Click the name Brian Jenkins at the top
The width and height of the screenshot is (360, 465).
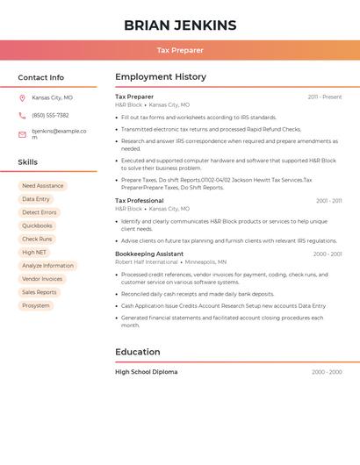tap(180, 25)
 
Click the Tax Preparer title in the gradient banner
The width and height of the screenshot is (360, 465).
tap(180, 51)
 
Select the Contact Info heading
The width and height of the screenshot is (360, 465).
tap(40, 77)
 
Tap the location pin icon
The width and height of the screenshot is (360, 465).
tap(22, 98)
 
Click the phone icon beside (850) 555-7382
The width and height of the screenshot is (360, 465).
tap(22, 116)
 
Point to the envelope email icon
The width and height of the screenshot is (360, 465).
tap(22, 134)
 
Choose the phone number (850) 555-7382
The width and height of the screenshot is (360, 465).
tap(50, 116)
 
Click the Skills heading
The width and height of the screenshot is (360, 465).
tap(28, 162)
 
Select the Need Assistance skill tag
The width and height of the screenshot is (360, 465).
tap(43, 186)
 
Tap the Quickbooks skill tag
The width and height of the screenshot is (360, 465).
tap(37, 225)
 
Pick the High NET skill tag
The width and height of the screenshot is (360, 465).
tap(34, 253)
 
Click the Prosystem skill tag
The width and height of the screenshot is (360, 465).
tap(36, 306)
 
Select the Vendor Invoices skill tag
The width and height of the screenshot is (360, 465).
tap(42, 279)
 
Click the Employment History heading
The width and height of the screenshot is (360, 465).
tap(161, 77)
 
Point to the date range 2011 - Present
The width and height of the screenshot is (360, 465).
tap(325, 97)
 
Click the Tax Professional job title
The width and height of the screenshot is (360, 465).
tap(140, 201)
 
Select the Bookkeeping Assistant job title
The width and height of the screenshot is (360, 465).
tap(149, 254)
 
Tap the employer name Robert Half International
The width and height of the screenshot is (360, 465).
tap(147, 262)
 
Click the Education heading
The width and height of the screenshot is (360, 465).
tap(138, 352)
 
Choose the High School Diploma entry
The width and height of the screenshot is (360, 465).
tap(147, 372)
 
